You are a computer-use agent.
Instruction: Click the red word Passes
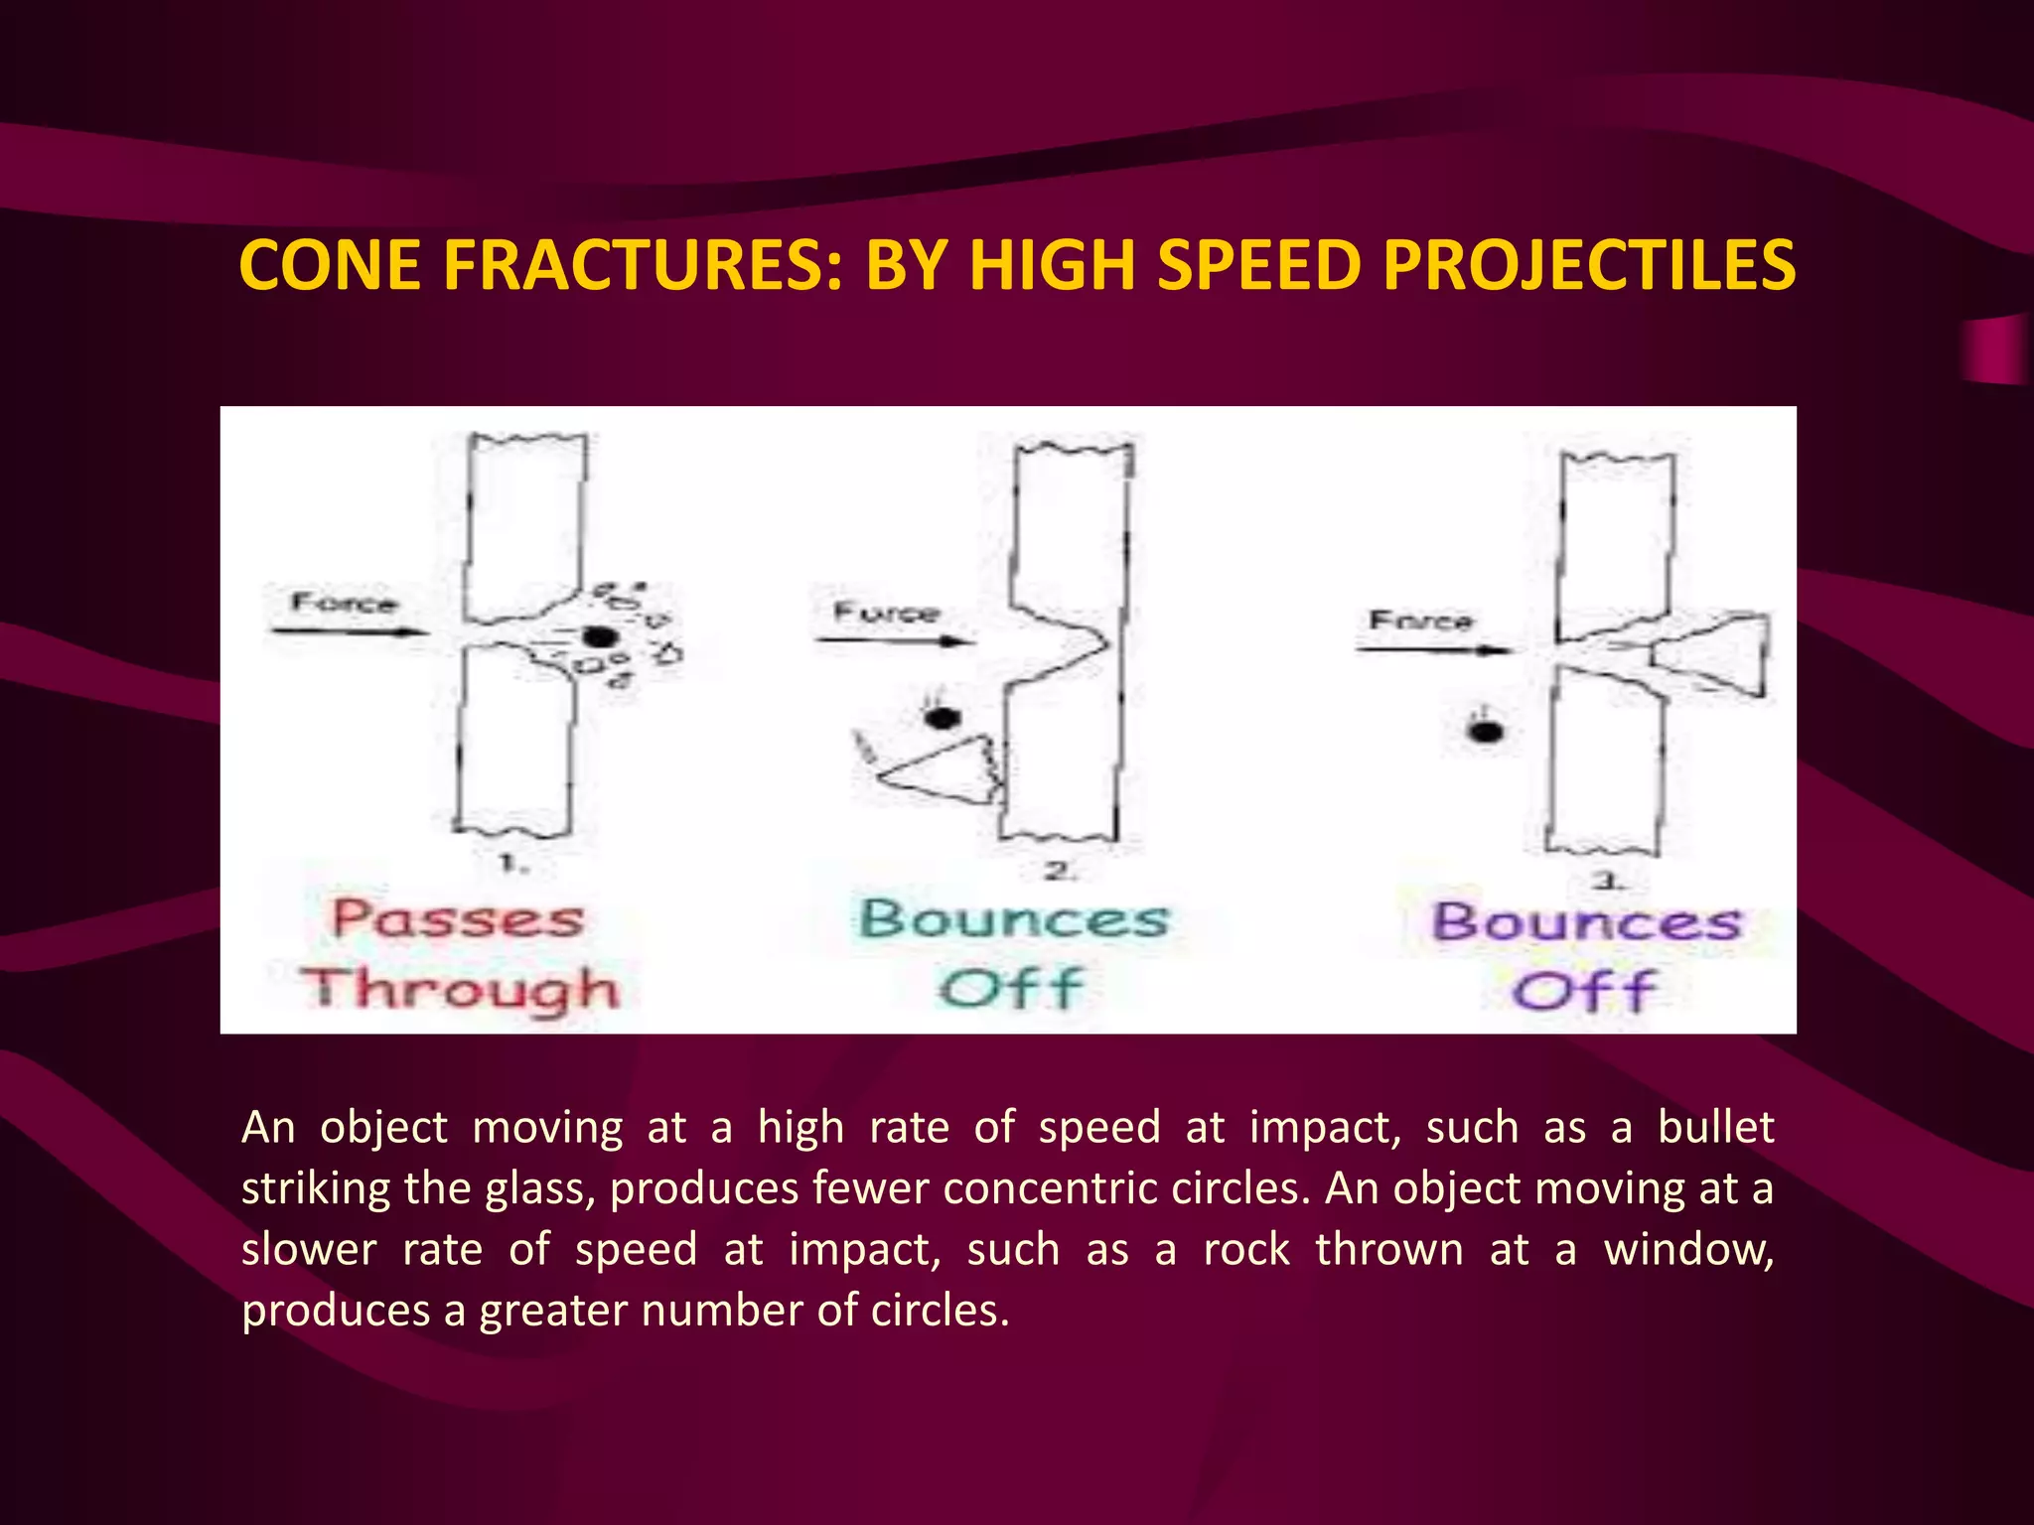click(458, 919)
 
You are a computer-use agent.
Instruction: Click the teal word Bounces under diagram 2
click(1013, 919)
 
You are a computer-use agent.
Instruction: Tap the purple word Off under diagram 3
click(1584, 991)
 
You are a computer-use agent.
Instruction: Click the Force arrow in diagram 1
click(348, 630)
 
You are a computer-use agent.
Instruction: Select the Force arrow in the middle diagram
click(894, 640)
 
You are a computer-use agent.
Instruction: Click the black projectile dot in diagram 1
click(599, 637)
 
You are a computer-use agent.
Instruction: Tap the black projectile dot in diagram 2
click(943, 717)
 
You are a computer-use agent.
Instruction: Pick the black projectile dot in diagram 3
click(1486, 732)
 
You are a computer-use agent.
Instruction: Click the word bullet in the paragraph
click(1715, 1128)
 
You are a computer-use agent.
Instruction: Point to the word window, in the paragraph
click(1688, 1249)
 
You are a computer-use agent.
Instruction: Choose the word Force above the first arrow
click(344, 603)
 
